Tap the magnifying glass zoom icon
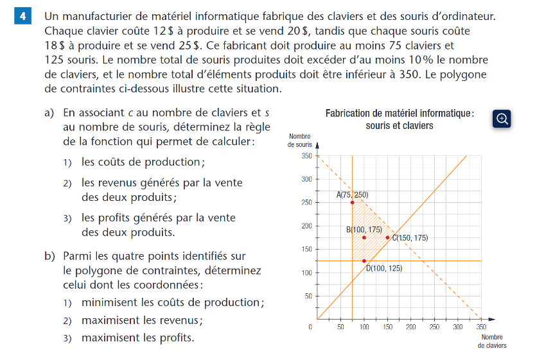(502, 118)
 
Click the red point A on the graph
(353, 202)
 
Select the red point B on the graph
(364, 237)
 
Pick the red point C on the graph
(387, 237)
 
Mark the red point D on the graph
(364, 261)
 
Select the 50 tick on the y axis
(307, 296)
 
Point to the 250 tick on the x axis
(434, 327)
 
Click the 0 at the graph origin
(310, 327)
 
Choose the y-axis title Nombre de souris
(300, 140)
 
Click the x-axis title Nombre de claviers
(491, 341)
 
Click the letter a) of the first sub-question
(49, 112)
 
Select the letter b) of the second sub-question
(49, 255)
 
